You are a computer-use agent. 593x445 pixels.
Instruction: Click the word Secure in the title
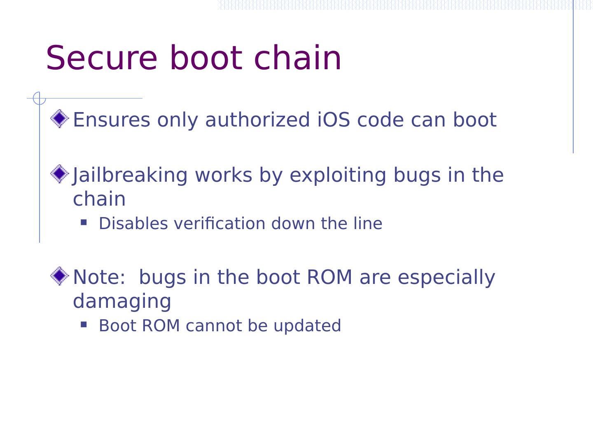pos(101,58)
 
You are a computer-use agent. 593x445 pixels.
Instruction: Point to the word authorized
pos(257,120)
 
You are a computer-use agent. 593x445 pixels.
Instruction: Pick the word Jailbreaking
pos(130,175)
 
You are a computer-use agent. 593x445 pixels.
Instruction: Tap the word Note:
pos(99,277)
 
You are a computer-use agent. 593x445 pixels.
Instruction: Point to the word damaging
pos(122,301)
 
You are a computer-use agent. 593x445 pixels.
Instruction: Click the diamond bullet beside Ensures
pos(60,119)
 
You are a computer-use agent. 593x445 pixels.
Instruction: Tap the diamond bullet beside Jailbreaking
pos(60,174)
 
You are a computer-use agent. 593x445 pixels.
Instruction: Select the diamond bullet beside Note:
pos(60,276)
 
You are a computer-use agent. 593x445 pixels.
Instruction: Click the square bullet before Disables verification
pos(84,222)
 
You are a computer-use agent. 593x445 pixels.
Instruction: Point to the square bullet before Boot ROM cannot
pos(84,324)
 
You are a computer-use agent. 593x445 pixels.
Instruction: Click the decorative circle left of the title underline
pos(39,98)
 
